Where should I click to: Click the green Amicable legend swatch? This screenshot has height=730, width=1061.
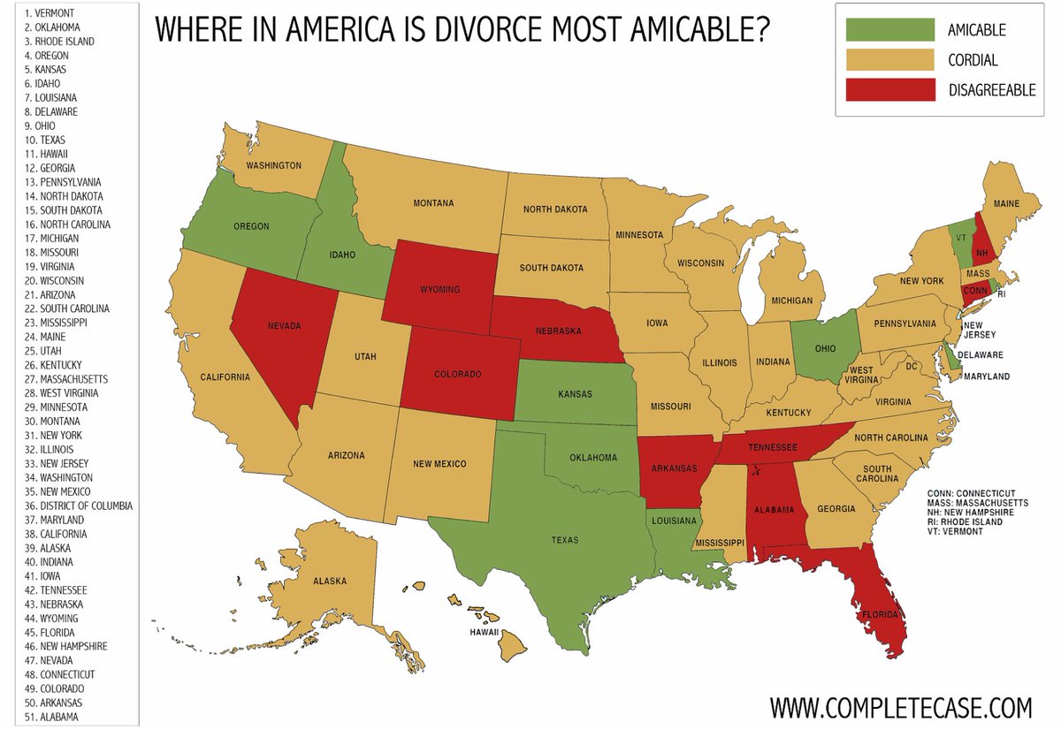click(890, 30)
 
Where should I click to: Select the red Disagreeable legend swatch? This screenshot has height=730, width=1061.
click(890, 89)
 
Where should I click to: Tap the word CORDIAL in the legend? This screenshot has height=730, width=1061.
click(973, 60)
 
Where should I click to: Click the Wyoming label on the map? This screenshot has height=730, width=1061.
click(439, 288)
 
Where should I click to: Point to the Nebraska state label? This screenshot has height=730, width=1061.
click(557, 331)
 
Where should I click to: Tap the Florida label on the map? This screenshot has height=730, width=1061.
click(881, 614)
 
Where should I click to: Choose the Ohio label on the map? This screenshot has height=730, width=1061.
click(824, 348)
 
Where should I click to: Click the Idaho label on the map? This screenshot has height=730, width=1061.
click(342, 255)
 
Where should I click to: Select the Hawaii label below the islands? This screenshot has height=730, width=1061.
click(485, 632)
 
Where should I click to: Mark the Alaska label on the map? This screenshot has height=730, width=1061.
click(329, 581)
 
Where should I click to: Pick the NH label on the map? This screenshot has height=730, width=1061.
click(981, 252)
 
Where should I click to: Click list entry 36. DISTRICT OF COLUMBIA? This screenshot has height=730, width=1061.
click(79, 506)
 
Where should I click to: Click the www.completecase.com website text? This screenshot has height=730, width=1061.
click(901, 707)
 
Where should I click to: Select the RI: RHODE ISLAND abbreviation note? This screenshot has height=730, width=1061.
click(965, 522)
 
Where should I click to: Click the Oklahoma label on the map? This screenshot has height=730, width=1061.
click(592, 458)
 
